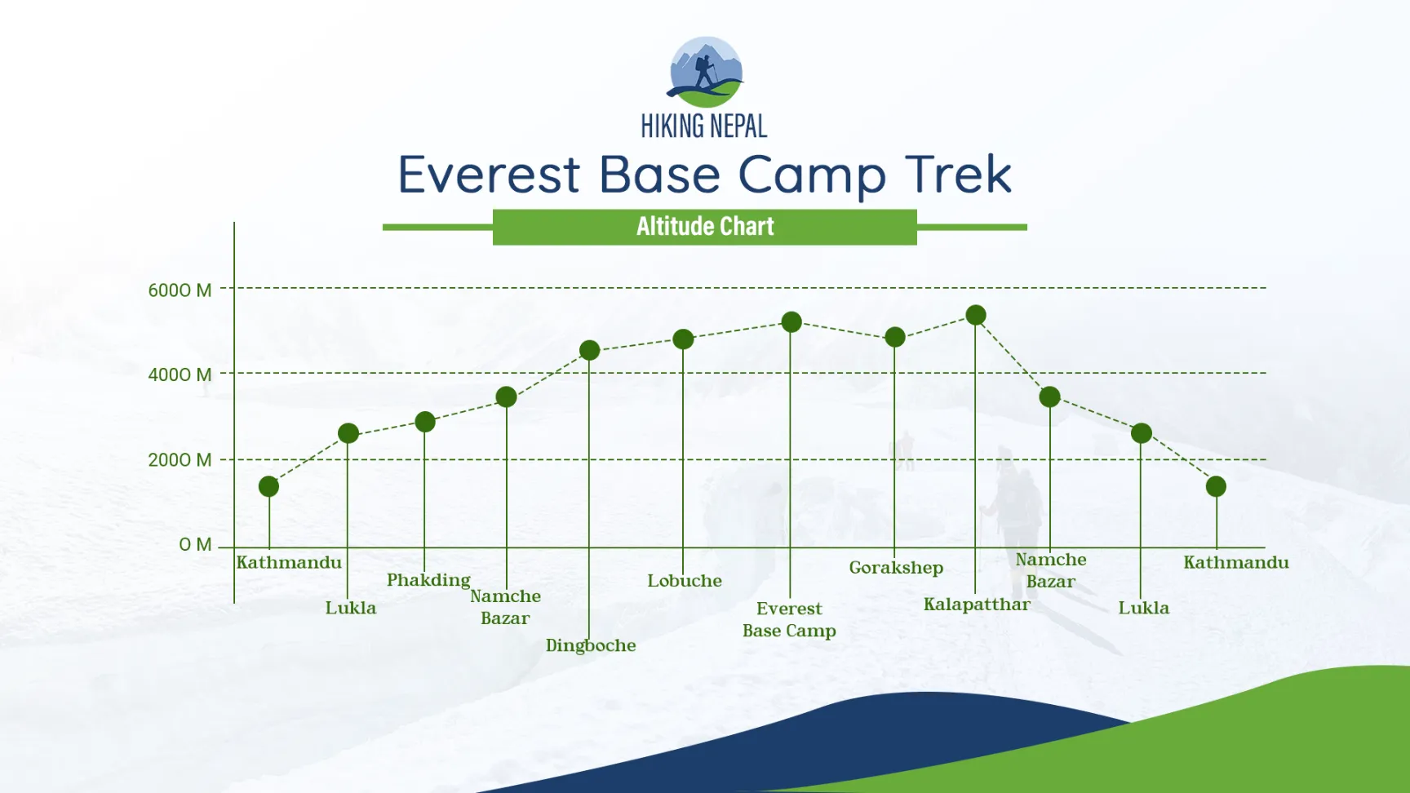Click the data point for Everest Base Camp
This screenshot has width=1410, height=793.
791,322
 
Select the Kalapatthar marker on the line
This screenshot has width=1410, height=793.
975,315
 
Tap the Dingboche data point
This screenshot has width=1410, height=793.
589,351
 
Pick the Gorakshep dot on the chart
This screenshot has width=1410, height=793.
894,337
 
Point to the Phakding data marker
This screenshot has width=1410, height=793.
424,422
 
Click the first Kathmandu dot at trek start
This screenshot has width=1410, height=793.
268,486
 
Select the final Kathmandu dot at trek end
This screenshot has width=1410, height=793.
1216,486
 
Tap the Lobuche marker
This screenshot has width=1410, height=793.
683,339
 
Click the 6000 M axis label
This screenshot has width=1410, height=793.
180,290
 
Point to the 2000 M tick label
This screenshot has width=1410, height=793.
180,460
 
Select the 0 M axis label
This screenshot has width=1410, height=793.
195,545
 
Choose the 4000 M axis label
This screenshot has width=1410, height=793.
180,375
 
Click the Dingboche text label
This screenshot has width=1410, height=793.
591,645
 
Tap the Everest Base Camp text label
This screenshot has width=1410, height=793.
789,619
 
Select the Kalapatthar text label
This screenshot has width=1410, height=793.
977,605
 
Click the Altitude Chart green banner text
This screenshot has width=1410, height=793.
705,227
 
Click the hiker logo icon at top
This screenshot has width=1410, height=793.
705,72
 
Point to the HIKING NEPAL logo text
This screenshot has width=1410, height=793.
703,126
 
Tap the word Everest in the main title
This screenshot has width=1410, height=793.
489,175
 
